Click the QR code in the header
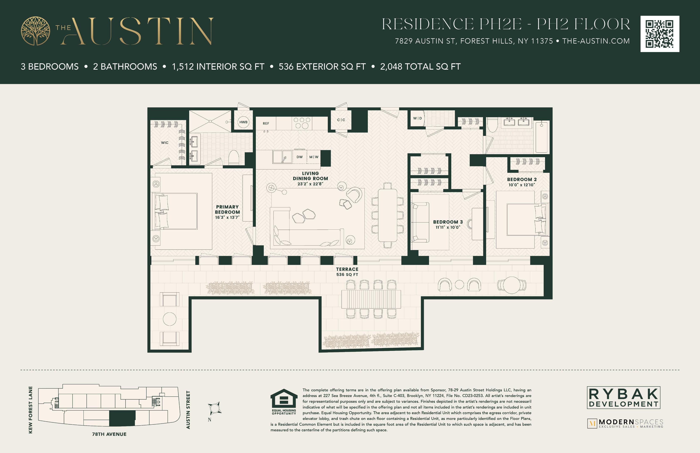(660, 34)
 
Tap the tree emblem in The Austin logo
(35, 31)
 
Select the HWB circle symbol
(243, 122)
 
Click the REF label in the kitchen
(266, 124)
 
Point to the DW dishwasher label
(299, 157)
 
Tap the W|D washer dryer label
(417, 118)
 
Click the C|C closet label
(341, 120)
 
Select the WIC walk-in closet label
(165, 143)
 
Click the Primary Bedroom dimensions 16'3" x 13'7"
(227, 217)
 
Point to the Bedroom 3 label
(448, 222)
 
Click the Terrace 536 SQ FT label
(347, 272)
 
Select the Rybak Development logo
(623, 397)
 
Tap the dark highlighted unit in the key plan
(122, 418)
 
